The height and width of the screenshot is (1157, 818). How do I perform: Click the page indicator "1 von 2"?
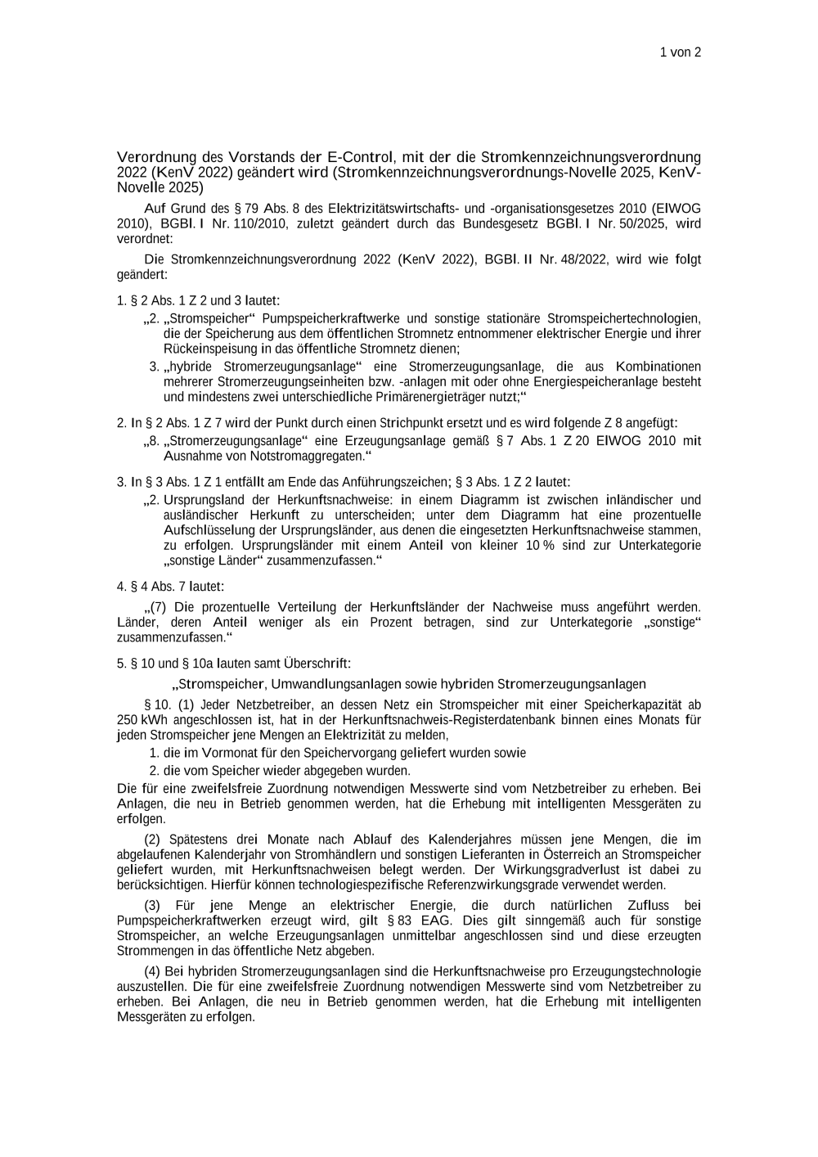(x=680, y=52)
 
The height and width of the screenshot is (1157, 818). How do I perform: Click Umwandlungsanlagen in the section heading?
(x=334, y=684)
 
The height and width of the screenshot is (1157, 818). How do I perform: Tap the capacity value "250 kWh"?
(x=142, y=720)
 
